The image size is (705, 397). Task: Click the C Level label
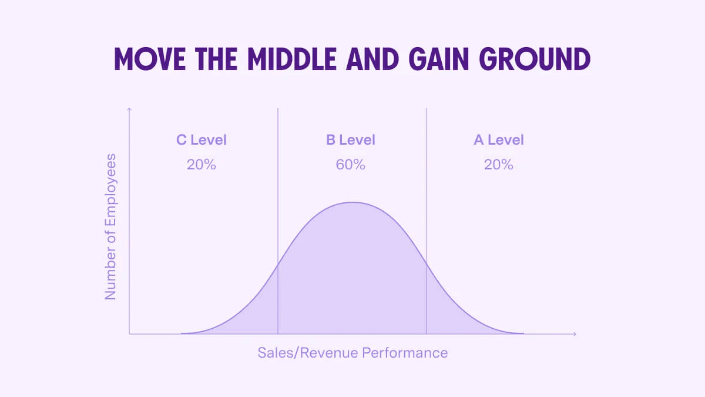click(x=202, y=140)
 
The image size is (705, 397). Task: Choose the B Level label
click(x=351, y=140)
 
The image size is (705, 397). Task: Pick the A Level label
click(x=499, y=140)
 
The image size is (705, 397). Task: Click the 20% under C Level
click(x=202, y=165)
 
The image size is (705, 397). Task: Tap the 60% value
click(x=351, y=165)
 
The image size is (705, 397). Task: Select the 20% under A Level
click(x=499, y=165)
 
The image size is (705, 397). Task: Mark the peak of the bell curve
click(x=352, y=202)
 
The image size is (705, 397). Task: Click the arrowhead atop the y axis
click(x=129, y=109)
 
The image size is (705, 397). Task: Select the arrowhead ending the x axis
click(x=574, y=334)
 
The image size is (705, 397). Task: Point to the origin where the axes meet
click(x=129, y=334)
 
